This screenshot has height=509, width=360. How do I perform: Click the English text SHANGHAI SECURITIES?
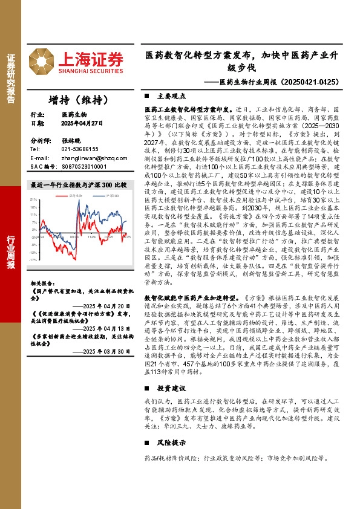coord(90,71)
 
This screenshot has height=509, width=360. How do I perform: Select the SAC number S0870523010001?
coord(84,166)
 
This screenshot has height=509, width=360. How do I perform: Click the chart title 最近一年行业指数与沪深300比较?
coord(78,184)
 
